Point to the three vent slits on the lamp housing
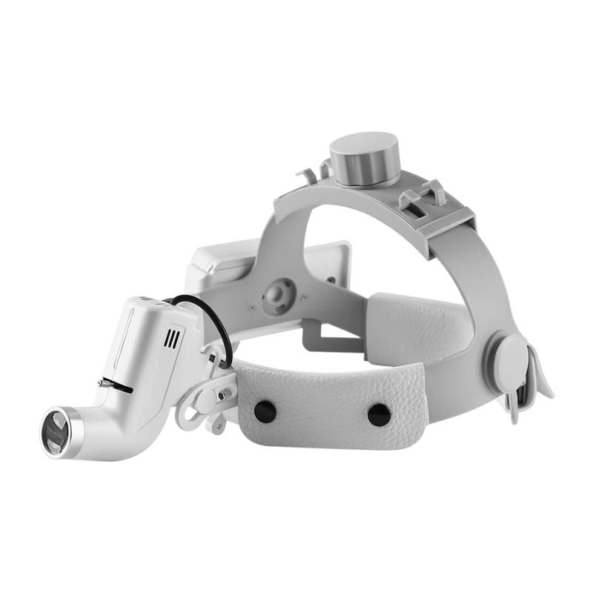tap(172, 339)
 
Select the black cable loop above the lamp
tap(204, 319)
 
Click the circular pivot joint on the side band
tap(278, 295)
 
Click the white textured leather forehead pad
tap(326, 400)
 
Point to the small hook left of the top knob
tap(310, 178)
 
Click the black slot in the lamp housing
tap(119, 387)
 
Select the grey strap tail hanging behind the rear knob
tap(537, 378)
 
